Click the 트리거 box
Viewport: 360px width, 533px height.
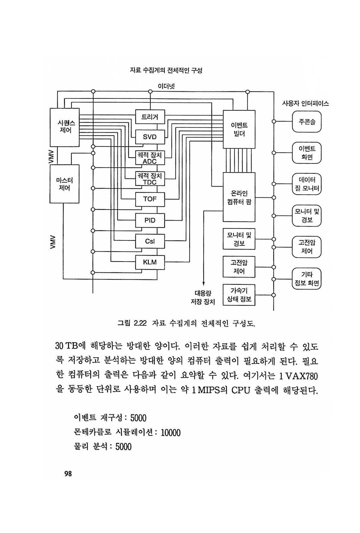[x=150, y=117]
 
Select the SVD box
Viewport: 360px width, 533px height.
[x=150, y=137]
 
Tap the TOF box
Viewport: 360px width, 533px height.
[x=150, y=199]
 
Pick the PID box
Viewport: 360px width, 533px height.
[x=150, y=220]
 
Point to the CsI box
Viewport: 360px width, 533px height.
[x=150, y=241]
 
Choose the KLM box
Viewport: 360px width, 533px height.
[x=150, y=262]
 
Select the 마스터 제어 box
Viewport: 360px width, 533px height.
[x=64, y=184]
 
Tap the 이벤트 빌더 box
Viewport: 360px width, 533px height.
[x=239, y=129]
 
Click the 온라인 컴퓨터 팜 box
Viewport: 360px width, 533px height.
[x=239, y=197]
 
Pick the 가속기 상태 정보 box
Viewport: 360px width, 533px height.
[x=239, y=295]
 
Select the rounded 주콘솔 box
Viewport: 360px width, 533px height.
[x=307, y=122]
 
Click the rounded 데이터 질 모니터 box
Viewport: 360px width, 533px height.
[x=307, y=184]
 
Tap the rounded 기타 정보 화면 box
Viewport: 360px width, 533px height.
[x=307, y=279]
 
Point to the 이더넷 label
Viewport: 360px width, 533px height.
[x=166, y=86]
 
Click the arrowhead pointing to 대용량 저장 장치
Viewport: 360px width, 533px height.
[x=203, y=284]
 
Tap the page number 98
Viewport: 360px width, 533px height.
[x=68, y=474]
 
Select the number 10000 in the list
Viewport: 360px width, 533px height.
[x=170, y=433]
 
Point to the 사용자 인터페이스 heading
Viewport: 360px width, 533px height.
[x=305, y=103]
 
